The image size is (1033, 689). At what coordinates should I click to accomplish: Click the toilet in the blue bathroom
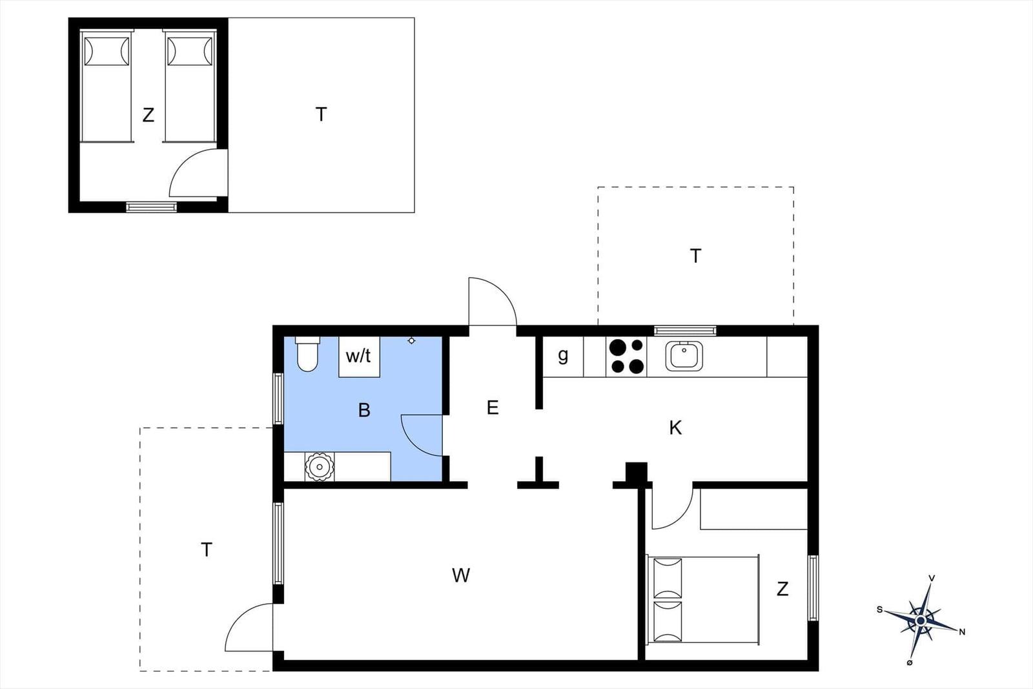coord(307,354)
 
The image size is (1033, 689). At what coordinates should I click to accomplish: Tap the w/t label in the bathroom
coord(358,356)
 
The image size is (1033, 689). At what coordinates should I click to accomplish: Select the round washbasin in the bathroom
coord(319,467)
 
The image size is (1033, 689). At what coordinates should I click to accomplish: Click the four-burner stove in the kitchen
coord(626,356)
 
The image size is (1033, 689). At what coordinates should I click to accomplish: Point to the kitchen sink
coord(684,356)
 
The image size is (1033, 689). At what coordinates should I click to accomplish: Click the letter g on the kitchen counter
coord(562,356)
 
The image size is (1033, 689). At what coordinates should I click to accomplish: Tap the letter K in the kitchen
coord(675,428)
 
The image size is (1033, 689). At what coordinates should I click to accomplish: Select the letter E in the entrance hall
coord(493,407)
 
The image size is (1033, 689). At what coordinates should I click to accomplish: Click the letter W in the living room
coord(461,575)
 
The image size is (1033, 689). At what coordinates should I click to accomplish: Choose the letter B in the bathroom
coord(364,410)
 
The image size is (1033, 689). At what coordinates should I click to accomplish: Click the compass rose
coord(921,621)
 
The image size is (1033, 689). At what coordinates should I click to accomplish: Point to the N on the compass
coord(962,632)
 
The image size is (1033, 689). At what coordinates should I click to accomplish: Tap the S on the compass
coord(879,610)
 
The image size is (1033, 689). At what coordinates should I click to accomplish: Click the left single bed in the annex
coord(106,86)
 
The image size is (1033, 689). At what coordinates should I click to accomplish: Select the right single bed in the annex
coord(190,86)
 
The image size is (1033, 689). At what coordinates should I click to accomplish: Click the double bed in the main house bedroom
coord(703,599)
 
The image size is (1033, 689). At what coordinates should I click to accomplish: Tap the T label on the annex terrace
coord(321,114)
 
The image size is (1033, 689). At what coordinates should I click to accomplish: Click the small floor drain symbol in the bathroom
coord(411,341)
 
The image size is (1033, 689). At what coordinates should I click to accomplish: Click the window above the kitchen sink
coord(685,331)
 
